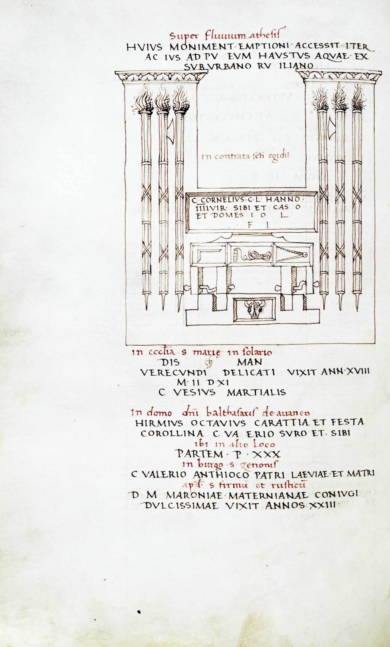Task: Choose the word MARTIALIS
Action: pos(256,392)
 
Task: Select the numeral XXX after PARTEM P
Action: pos(266,454)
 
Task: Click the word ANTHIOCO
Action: pos(221,475)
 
